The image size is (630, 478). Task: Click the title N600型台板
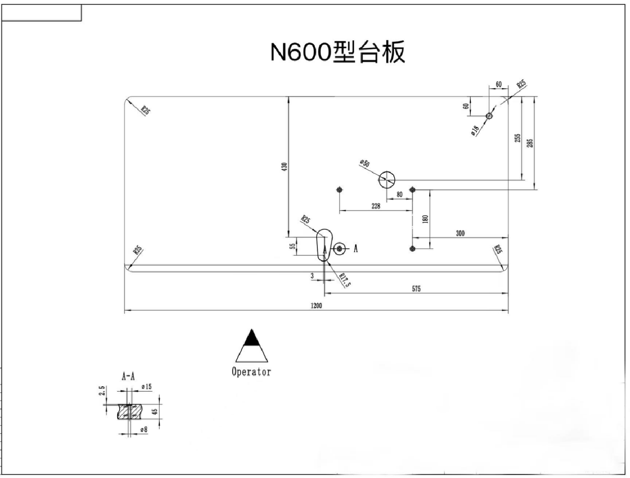coord(338,53)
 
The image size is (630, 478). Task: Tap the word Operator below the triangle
coord(251,371)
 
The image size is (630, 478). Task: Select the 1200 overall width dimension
coord(316,306)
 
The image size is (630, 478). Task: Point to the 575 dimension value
coord(416,289)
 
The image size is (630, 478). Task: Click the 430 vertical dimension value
coord(285,167)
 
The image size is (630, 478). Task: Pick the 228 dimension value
coord(376,206)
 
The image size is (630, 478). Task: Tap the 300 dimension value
coord(460,233)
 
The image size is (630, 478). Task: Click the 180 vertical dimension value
coord(426,219)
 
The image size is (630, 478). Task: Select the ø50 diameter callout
coord(364,163)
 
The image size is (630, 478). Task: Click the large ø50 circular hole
coord(387,179)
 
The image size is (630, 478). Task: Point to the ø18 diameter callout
coord(475,130)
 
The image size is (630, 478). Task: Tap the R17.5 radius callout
coord(344,280)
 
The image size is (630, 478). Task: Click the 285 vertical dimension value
coord(530,143)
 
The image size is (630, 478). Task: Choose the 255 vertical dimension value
coord(517,138)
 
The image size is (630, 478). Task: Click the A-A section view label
coord(128,377)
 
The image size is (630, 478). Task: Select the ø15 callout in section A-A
coord(146,387)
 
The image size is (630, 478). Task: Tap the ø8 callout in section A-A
coord(143,429)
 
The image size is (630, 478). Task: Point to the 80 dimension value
coord(399,194)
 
